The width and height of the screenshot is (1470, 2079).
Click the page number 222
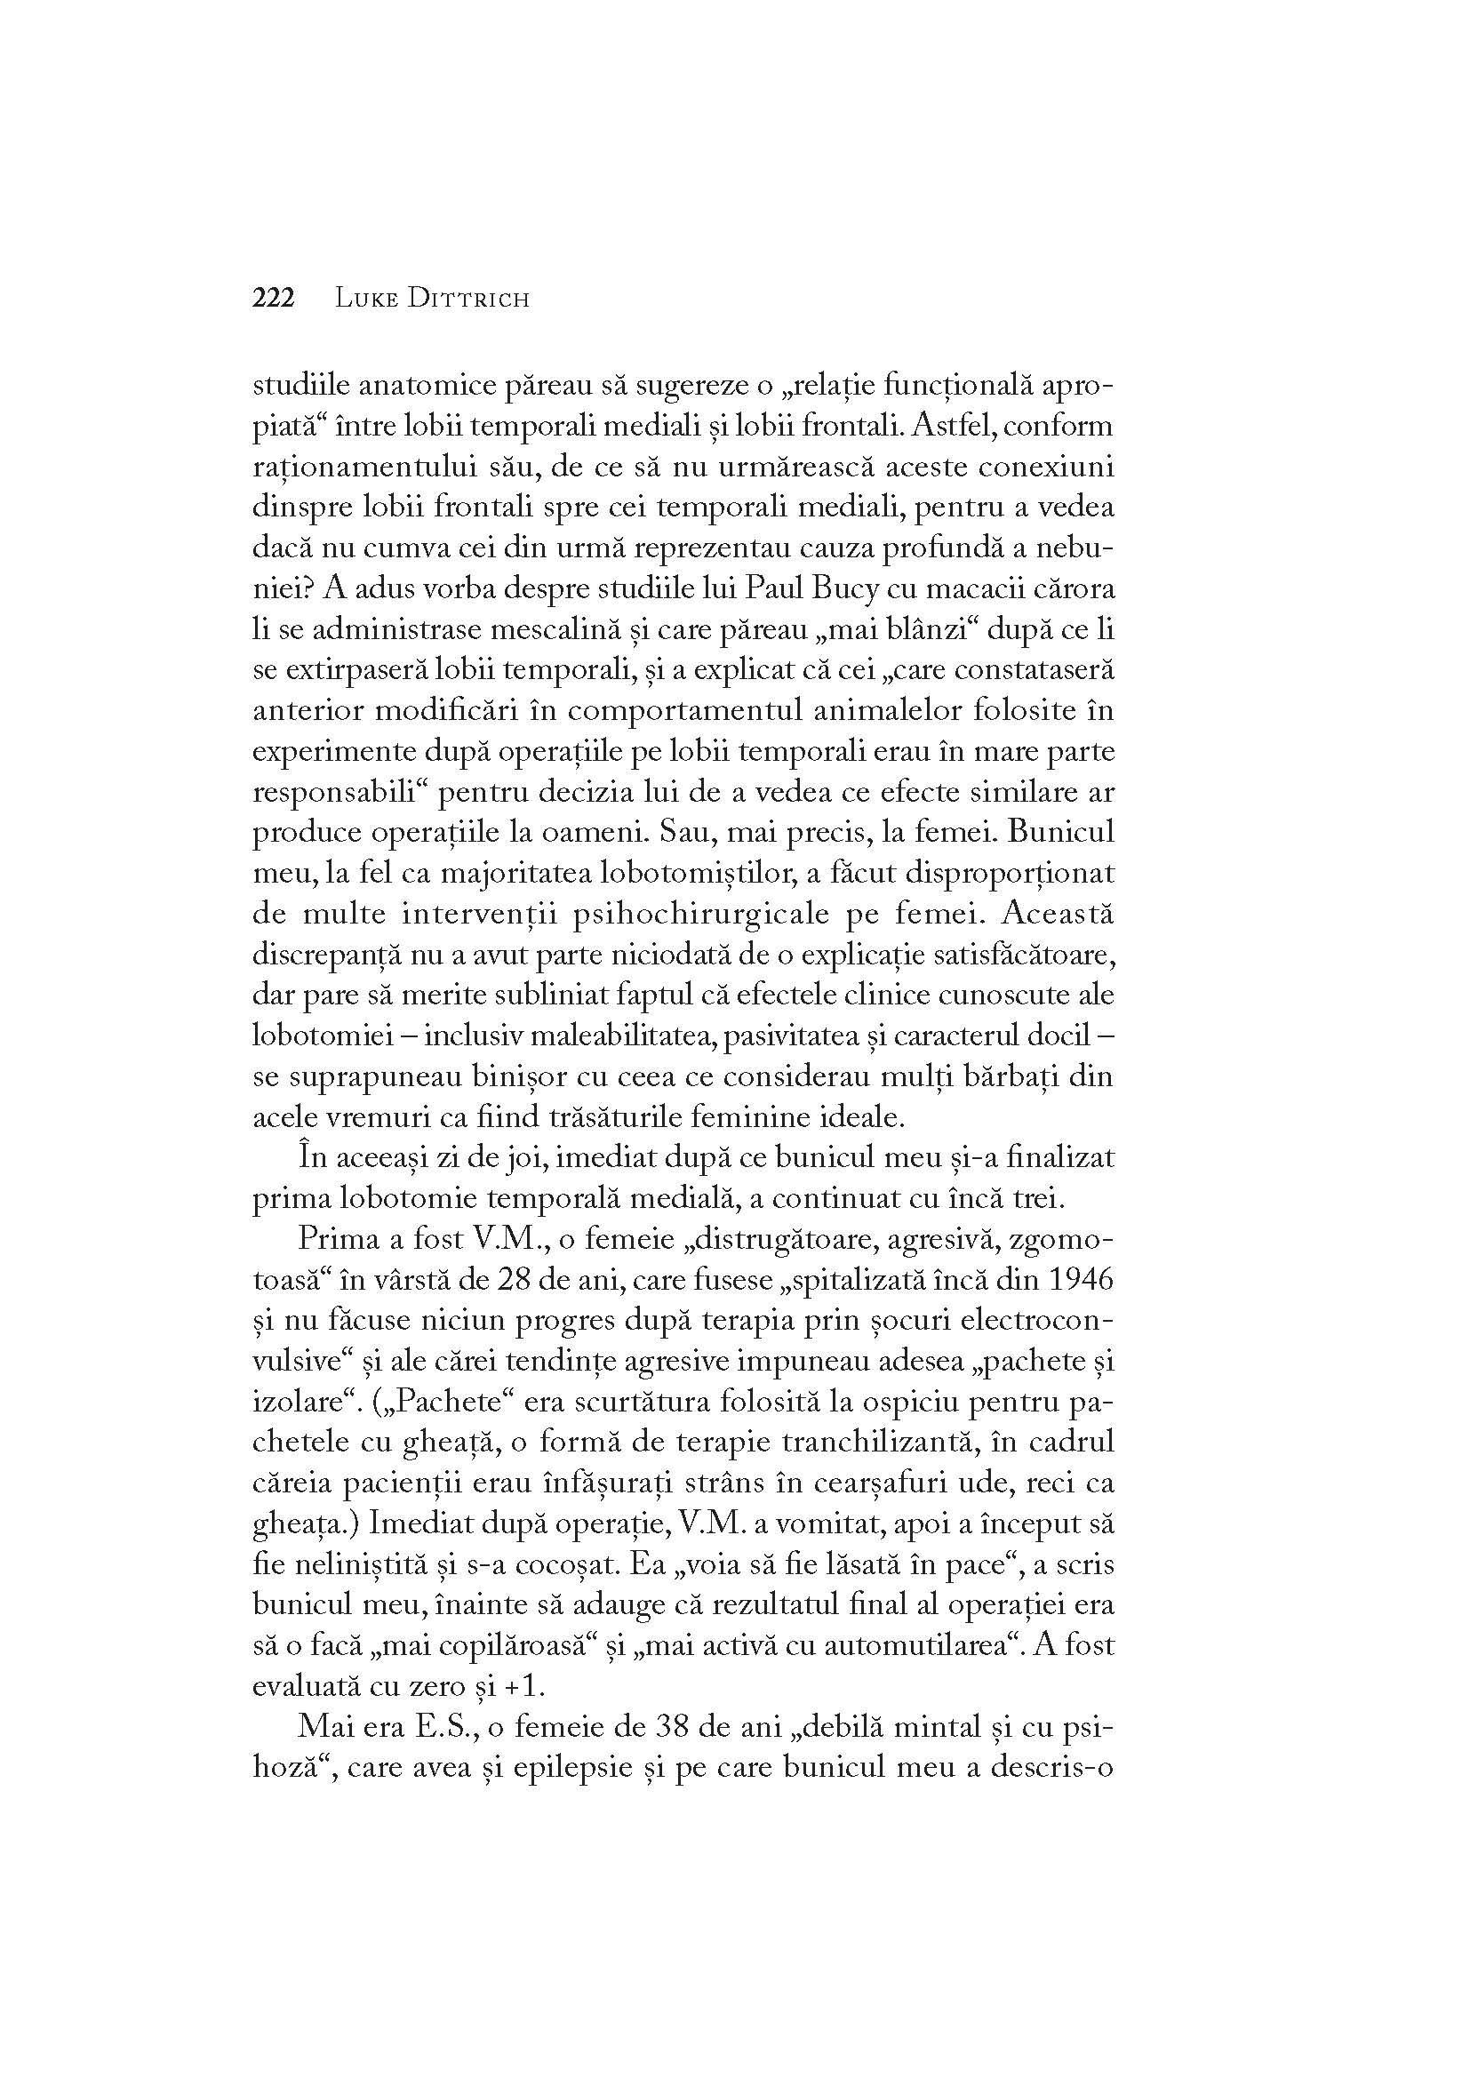[x=274, y=298]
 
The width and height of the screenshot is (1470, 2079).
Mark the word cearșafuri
[x=897, y=1484]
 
